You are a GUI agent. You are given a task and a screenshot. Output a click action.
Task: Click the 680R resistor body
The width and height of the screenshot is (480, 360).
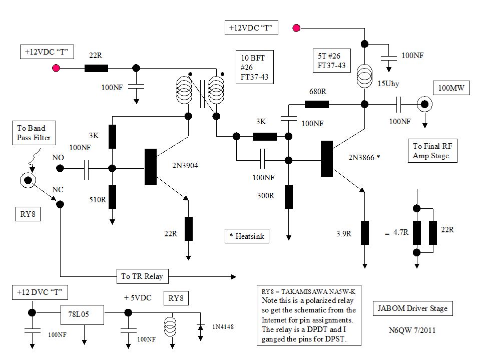(316, 104)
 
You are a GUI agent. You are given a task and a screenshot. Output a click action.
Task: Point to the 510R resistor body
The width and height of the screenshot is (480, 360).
(112, 196)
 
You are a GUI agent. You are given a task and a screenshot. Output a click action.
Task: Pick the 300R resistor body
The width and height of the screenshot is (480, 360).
(289, 196)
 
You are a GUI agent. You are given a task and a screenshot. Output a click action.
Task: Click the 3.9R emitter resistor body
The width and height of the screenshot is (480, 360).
(365, 232)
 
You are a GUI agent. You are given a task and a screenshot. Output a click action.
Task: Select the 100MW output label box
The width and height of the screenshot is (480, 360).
(451, 89)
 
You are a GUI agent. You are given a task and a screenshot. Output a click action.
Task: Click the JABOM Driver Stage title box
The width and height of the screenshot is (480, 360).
(412, 308)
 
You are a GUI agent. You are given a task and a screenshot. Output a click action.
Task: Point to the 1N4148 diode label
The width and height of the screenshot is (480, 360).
(223, 327)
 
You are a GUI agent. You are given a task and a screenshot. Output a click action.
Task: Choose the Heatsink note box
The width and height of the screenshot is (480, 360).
(246, 236)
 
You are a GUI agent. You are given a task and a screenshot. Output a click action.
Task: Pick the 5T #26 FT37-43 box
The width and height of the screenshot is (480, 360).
(331, 61)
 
